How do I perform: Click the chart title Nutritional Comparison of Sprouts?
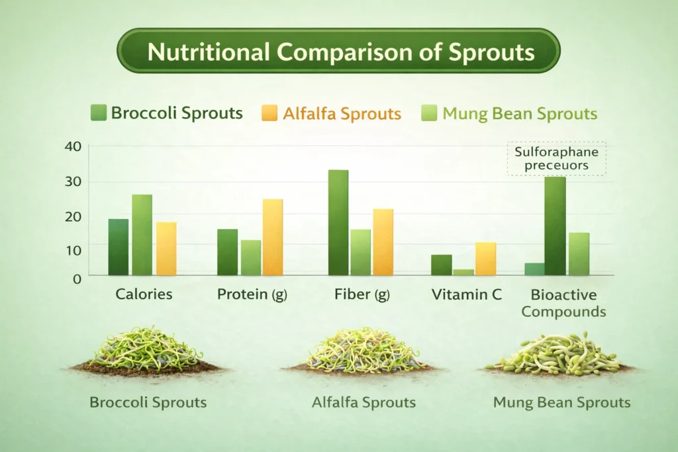click(x=338, y=51)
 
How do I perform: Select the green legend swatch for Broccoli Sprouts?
click(x=98, y=113)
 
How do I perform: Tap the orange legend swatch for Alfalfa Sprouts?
click(x=270, y=113)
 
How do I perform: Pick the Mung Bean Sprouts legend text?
click(x=520, y=114)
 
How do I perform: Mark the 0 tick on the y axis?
click(x=77, y=279)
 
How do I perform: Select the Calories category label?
click(x=144, y=294)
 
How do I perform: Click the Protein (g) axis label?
click(x=252, y=294)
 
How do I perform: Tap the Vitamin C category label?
click(x=466, y=294)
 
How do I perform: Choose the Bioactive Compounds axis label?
click(x=563, y=302)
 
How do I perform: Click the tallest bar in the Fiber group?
click(x=338, y=222)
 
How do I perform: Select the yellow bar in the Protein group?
click(x=272, y=237)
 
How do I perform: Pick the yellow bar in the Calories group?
click(x=166, y=249)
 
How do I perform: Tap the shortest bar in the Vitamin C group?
click(x=463, y=272)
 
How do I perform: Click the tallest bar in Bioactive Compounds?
click(x=556, y=226)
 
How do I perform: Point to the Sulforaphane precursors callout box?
click(x=556, y=158)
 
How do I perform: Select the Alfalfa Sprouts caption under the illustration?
click(x=363, y=402)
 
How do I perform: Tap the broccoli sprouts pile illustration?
click(x=147, y=351)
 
